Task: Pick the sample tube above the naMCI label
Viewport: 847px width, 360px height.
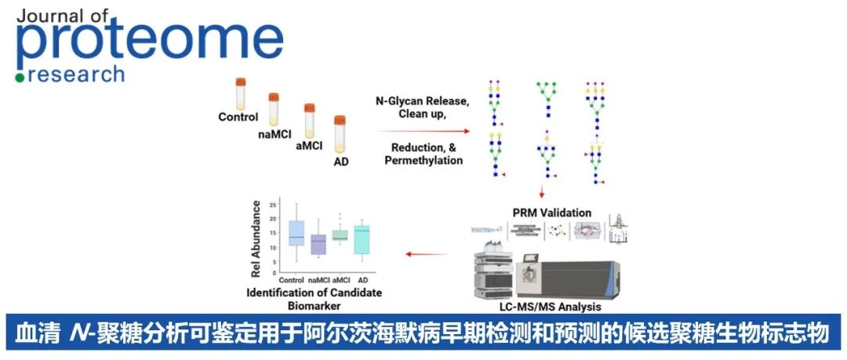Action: (274, 110)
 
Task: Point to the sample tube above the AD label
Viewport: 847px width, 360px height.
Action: (340, 134)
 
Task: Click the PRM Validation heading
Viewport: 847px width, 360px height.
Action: (552, 213)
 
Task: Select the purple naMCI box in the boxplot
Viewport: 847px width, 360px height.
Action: (318, 244)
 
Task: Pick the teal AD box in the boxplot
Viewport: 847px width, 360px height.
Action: (362, 240)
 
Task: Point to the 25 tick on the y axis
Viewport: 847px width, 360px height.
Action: (274, 205)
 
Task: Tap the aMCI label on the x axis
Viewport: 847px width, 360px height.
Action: (340, 280)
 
